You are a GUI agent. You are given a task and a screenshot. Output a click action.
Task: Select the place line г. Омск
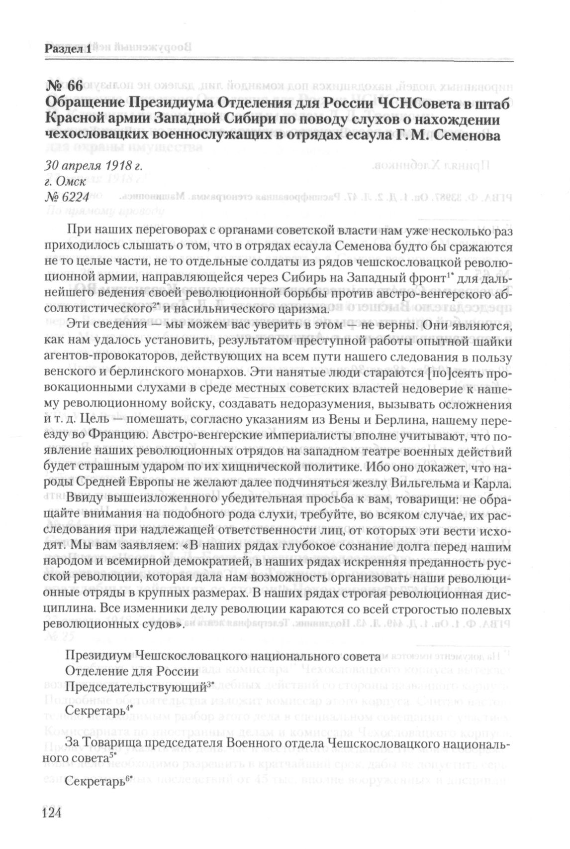65,181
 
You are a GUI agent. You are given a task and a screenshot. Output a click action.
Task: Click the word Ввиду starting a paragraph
84,499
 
